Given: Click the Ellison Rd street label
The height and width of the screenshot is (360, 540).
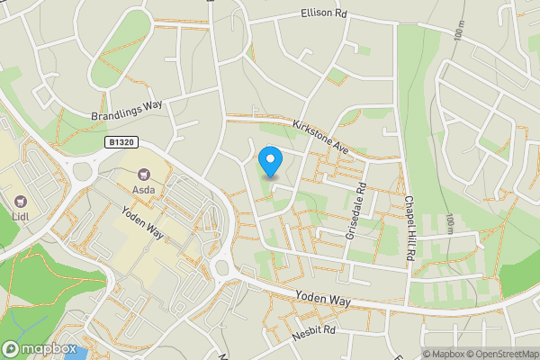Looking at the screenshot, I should (323, 14).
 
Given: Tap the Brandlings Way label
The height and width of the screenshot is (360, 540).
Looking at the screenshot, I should (126, 111).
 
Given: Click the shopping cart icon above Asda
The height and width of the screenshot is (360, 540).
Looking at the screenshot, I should (142, 175).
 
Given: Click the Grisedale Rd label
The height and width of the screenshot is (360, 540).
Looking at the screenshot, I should (355, 211).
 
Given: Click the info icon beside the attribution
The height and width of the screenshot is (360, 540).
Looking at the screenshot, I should (416, 354).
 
